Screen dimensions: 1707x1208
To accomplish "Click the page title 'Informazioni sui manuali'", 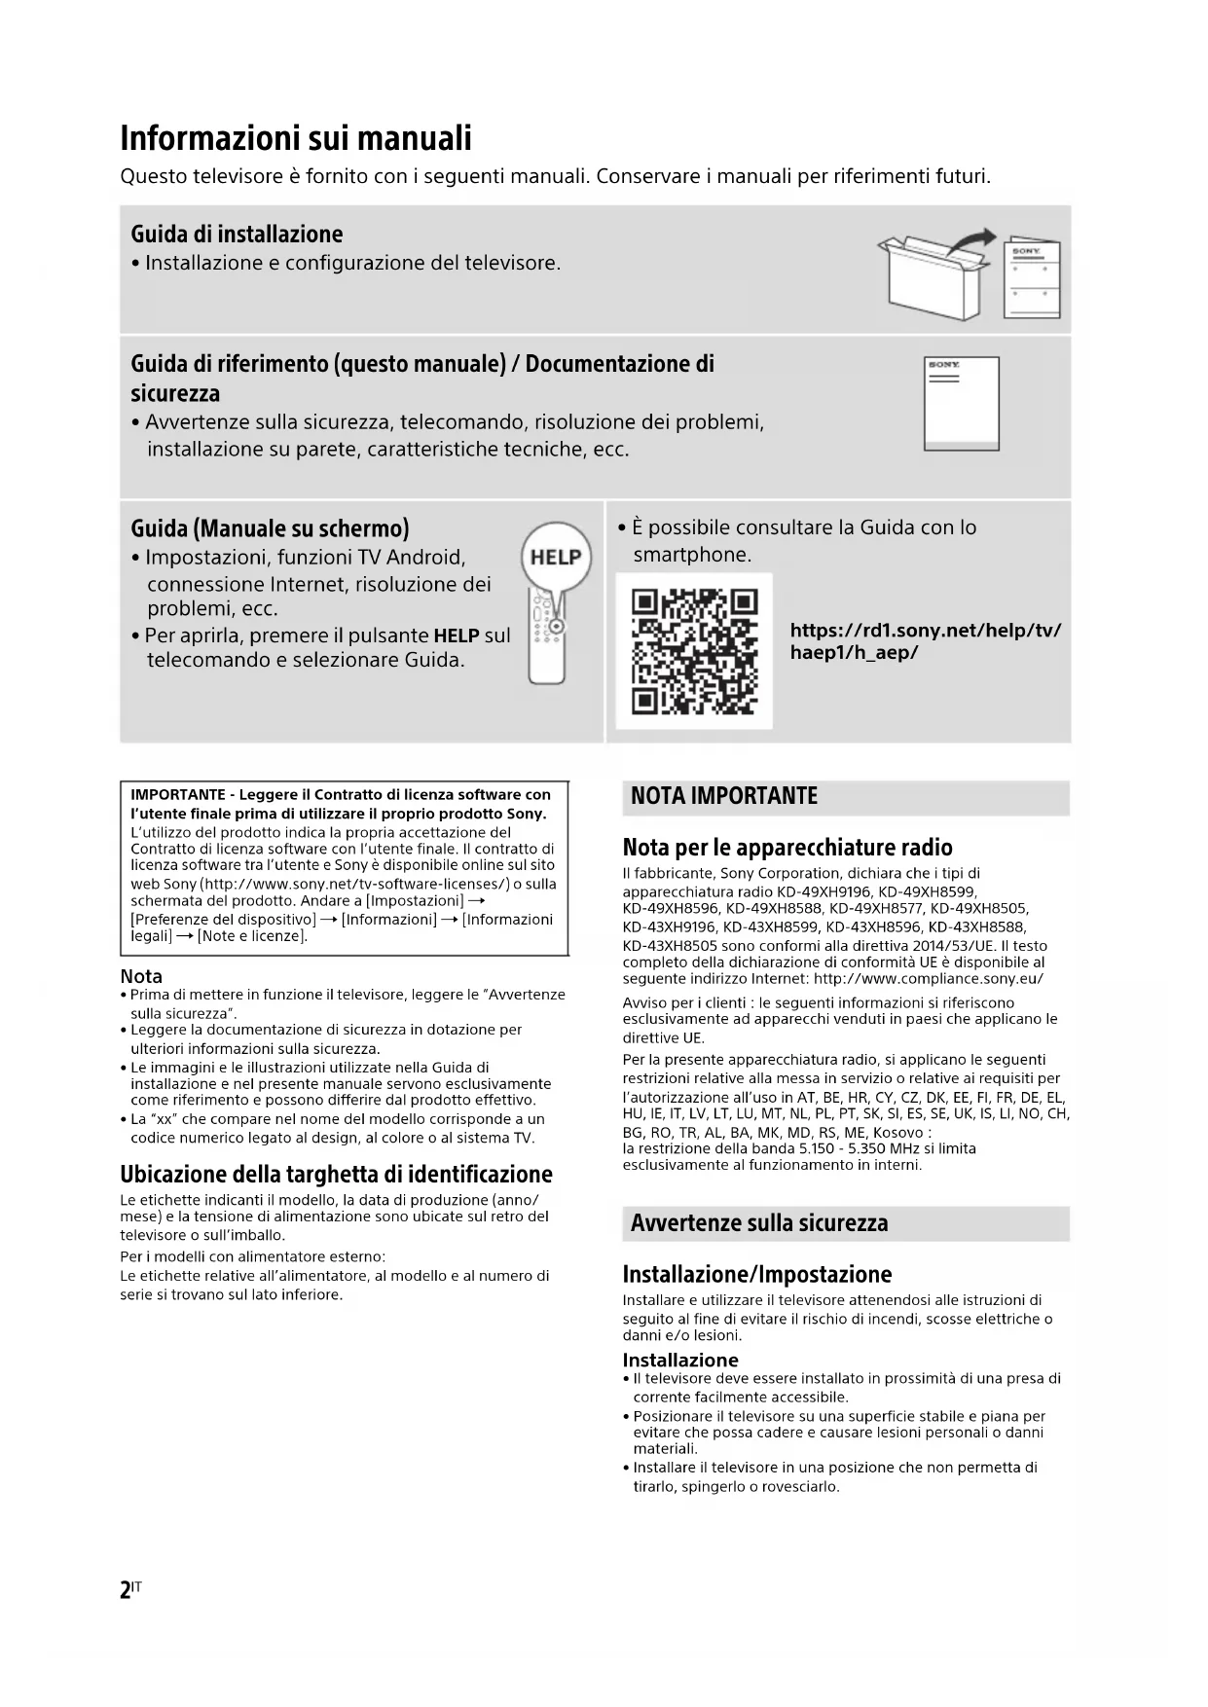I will pyautogui.click(x=296, y=138).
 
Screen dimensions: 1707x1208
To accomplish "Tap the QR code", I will pyautogui.click(x=694, y=651).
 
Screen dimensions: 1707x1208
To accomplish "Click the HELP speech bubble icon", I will pyautogui.click(x=556, y=558).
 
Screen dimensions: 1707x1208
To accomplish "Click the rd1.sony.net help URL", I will pyautogui.click(x=925, y=641).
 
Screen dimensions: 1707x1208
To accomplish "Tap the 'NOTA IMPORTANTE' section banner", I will pyautogui.click(x=724, y=796).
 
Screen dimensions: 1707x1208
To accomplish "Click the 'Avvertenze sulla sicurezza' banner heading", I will pyautogui.click(x=759, y=1223).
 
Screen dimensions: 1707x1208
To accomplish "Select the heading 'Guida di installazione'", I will pyautogui.click(x=237, y=235).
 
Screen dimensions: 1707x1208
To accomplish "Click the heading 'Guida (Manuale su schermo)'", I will pyautogui.click(x=270, y=528).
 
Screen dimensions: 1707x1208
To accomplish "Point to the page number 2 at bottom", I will pyautogui.click(x=126, y=1590).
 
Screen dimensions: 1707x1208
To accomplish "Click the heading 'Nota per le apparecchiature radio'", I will pyautogui.click(x=787, y=847).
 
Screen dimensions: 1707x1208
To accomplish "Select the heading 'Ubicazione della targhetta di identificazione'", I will pyautogui.click(x=336, y=1174).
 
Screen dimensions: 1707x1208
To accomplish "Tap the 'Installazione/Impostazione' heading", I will pyautogui.click(x=756, y=1274).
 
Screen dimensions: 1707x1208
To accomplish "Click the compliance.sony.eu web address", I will pyautogui.click(x=929, y=979).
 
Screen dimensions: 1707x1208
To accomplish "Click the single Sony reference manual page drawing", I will pyautogui.click(x=961, y=403).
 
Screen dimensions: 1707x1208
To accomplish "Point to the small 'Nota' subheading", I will pyautogui.click(x=141, y=976).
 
